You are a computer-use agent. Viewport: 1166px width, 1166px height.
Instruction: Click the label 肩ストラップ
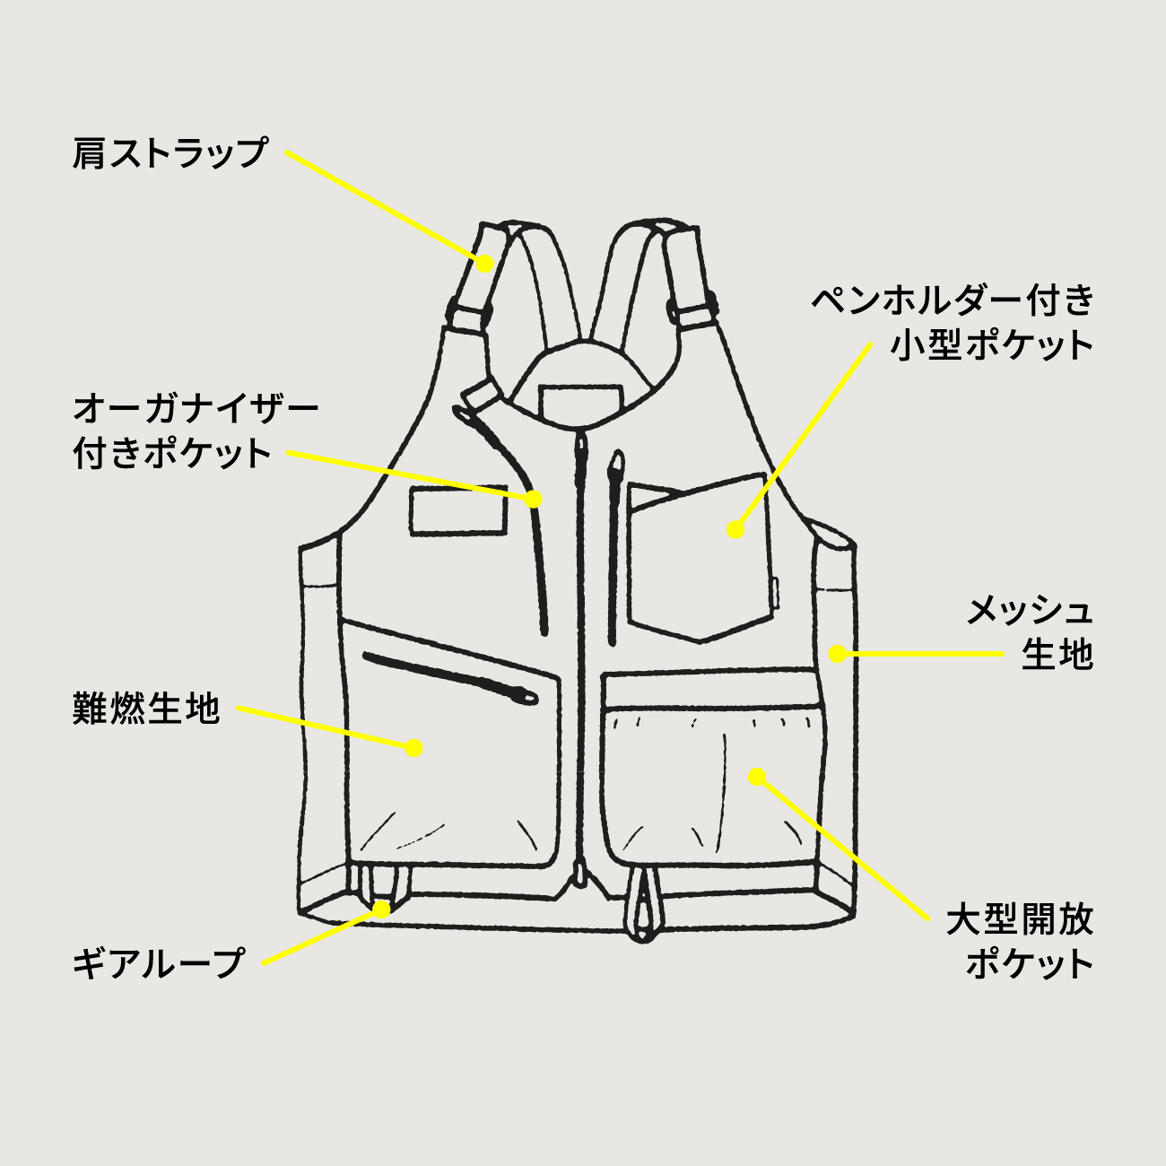tap(170, 152)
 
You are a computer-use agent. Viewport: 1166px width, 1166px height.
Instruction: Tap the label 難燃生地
tap(146, 709)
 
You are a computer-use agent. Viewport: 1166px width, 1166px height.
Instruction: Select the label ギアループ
tap(159, 963)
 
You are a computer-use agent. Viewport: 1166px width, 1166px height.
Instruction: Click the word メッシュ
tap(1030, 611)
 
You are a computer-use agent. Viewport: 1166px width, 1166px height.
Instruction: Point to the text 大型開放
tap(1020, 920)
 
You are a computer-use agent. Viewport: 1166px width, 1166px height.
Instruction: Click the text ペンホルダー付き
tap(953, 300)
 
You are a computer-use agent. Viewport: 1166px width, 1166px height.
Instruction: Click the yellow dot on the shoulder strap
tap(484, 263)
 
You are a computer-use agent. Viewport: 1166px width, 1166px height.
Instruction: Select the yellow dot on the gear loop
tap(383, 909)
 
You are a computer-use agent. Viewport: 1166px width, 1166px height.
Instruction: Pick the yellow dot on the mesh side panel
tap(837, 654)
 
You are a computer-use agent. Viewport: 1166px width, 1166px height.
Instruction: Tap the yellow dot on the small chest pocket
tap(735, 529)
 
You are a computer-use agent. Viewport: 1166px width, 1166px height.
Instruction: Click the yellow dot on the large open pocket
tap(757, 775)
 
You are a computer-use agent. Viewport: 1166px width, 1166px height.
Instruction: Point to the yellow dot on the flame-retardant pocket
tap(413, 747)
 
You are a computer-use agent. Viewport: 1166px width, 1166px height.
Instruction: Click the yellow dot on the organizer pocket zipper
tap(534, 499)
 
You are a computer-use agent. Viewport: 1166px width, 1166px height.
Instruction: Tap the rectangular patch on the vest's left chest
tap(457, 511)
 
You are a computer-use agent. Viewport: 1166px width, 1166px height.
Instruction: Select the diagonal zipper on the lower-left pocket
tap(448, 677)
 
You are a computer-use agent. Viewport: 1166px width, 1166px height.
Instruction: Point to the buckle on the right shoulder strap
tap(693, 311)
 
